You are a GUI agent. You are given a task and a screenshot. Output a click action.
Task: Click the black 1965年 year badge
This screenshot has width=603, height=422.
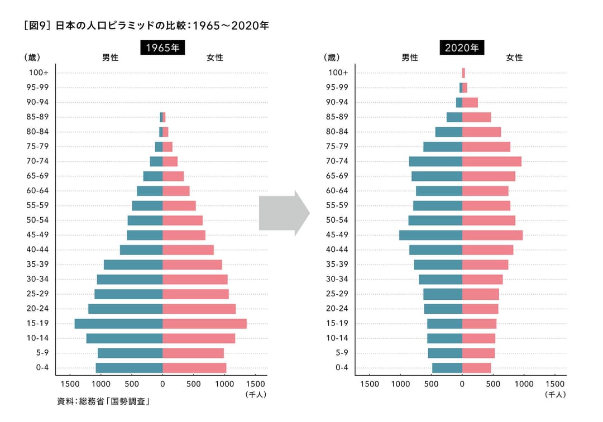pyautogui.click(x=162, y=47)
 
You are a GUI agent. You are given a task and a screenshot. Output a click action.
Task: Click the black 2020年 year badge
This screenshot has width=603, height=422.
pyautogui.click(x=462, y=47)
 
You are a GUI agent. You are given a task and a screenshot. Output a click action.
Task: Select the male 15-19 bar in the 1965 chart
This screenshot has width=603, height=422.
pyautogui.click(x=118, y=323)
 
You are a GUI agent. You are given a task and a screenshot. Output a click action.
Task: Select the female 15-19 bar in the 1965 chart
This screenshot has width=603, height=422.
pyautogui.click(x=204, y=323)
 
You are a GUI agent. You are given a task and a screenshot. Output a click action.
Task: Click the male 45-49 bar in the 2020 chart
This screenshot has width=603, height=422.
pyautogui.click(x=430, y=235)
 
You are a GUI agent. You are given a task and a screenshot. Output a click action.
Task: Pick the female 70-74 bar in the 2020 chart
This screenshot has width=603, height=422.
pyautogui.click(x=491, y=161)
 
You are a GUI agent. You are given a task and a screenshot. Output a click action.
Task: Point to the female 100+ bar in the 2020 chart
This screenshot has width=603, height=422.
pyautogui.click(x=463, y=73)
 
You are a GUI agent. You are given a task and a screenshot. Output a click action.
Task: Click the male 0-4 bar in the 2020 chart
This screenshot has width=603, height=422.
pyautogui.click(x=447, y=367)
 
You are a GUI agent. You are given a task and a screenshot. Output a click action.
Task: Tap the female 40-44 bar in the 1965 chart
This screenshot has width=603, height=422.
pyautogui.click(x=188, y=250)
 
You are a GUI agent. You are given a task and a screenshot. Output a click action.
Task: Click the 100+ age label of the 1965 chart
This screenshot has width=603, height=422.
pyautogui.click(x=39, y=73)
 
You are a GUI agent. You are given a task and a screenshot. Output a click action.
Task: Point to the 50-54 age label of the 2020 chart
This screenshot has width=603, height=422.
pyautogui.click(x=337, y=220)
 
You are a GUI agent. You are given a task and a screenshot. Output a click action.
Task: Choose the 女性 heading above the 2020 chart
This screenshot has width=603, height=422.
pyautogui.click(x=514, y=57)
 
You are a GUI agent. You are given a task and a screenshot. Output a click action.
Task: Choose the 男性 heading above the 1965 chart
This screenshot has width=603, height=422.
pyautogui.click(x=110, y=57)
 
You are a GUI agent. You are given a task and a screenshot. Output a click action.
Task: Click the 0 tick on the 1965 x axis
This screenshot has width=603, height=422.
pyautogui.click(x=162, y=384)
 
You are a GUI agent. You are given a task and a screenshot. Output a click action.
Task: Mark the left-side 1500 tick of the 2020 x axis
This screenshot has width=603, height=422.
pyautogui.click(x=370, y=384)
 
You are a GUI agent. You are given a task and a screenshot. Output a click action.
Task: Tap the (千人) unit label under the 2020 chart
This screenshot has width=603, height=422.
pyautogui.click(x=555, y=394)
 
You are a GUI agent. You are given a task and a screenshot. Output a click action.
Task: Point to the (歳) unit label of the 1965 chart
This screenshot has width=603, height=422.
pyautogui.click(x=32, y=57)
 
